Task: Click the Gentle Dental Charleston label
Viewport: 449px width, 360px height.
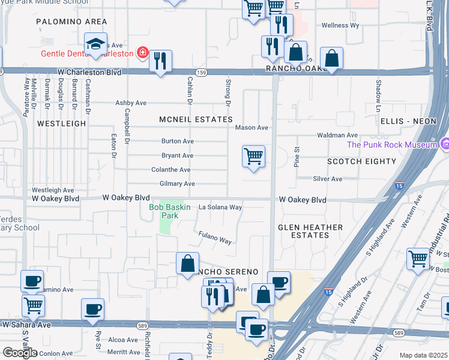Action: (x=87, y=53)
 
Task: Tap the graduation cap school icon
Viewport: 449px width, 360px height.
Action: (x=95, y=44)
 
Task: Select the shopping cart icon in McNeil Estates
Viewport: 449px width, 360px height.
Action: (x=253, y=157)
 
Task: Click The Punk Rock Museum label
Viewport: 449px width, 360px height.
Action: (x=391, y=145)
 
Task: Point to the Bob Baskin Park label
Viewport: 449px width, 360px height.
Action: (x=170, y=211)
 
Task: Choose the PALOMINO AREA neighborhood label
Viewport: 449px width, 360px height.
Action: (x=71, y=22)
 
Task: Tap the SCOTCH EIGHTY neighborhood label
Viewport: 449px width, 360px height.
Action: (x=361, y=161)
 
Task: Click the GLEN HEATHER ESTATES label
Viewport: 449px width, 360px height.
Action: (x=311, y=231)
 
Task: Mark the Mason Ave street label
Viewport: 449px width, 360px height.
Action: (x=252, y=128)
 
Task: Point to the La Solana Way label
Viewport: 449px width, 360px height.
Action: (x=220, y=207)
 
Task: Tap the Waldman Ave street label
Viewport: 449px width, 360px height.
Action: (x=338, y=136)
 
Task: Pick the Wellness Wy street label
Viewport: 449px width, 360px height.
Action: (x=340, y=26)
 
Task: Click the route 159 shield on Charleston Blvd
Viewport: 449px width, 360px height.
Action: (x=202, y=72)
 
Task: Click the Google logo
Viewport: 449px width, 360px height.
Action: (x=19, y=352)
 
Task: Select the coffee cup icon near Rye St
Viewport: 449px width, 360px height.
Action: (x=92, y=310)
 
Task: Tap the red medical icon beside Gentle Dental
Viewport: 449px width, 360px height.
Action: (x=142, y=53)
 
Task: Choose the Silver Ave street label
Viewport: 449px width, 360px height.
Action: (x=327, y=179)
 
